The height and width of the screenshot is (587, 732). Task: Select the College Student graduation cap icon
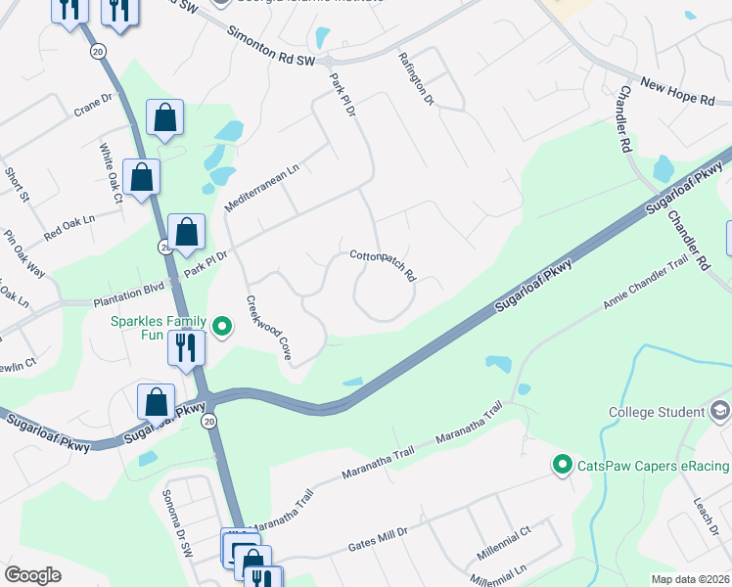721,411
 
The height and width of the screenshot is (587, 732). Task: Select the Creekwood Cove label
268,328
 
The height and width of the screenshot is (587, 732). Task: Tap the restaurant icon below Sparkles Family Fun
183,346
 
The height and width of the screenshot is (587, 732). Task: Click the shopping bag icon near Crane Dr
165,117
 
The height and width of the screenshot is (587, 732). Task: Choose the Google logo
32,575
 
